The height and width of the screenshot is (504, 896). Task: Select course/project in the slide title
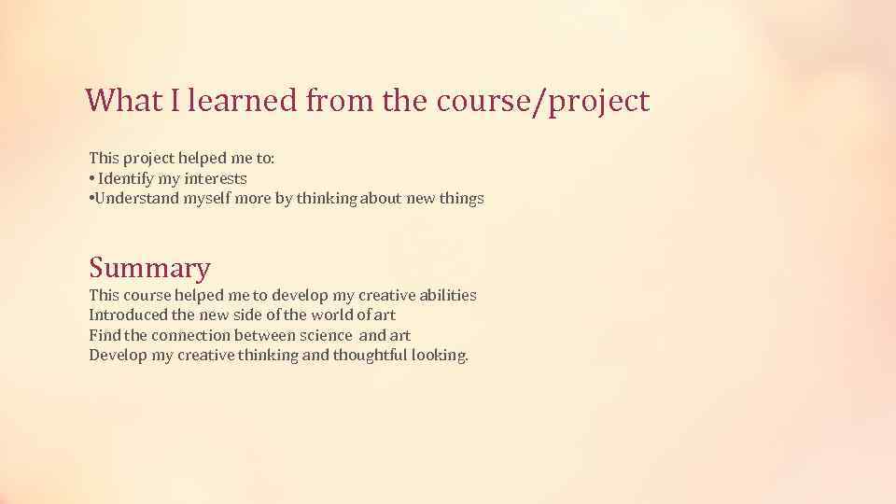[541, 102]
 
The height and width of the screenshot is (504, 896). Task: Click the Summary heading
[149, 269]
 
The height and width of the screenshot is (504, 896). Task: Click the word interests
[215, 178]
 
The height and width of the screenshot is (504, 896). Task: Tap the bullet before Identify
[91, 178]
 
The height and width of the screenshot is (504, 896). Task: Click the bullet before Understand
[91, 199]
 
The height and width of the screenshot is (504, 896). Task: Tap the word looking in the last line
[439, 356]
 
